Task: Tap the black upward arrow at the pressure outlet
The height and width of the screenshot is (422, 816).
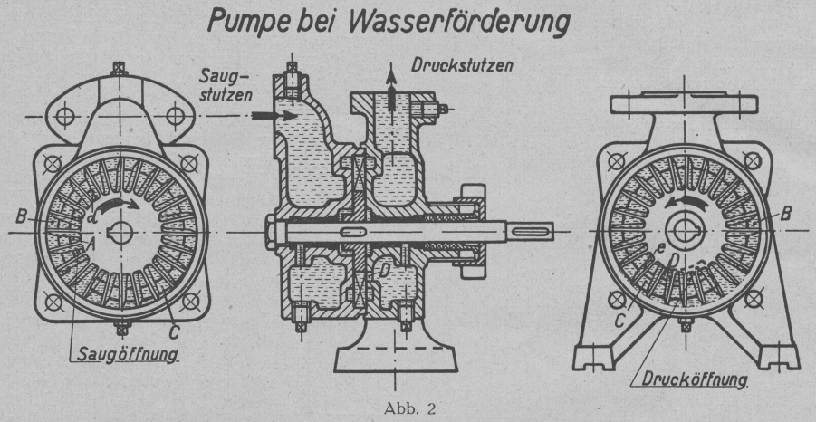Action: [391, 91]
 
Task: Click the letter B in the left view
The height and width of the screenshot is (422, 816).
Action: [20, 216]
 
